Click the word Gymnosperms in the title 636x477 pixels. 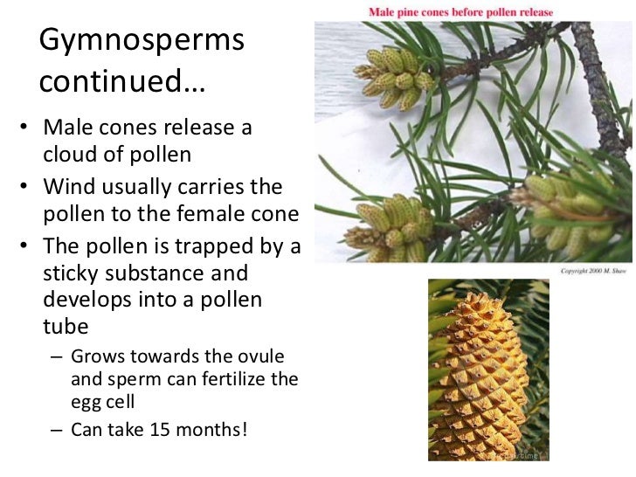point(142,41)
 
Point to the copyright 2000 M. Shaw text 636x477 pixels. point(595,271)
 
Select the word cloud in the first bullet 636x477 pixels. point(69,155)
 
